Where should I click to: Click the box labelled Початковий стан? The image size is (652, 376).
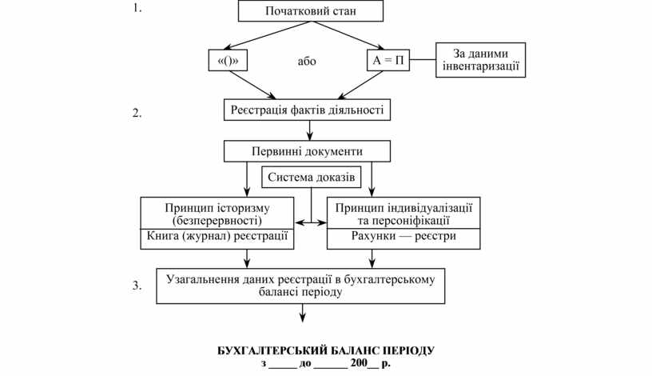click(x=311, y=11)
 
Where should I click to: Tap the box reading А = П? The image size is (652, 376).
click(x=388, y=61)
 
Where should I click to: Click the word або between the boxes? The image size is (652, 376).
click(x=306, y=62)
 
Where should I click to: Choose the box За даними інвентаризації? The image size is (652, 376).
click(x=479, y=60)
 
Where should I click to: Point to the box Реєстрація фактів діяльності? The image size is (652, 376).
click(x=307, y=109)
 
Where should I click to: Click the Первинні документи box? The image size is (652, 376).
click(x=307, y=151)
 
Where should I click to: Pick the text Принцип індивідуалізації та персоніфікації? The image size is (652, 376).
click(x=404, y=213)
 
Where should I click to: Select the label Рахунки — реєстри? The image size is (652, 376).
click(x=404, y=238)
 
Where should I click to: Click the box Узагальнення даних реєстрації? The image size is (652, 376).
click(x=300, y=286)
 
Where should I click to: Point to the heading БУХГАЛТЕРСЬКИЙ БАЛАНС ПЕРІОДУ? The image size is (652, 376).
click(x=326, y=350)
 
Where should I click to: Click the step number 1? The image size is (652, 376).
click(x=137, y=10)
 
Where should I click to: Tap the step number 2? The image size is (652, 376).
click(x=137, y=113)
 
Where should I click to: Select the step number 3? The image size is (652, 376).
click(x=137, y=285)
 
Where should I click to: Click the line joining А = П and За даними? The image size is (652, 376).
click(x=423, y=61)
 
